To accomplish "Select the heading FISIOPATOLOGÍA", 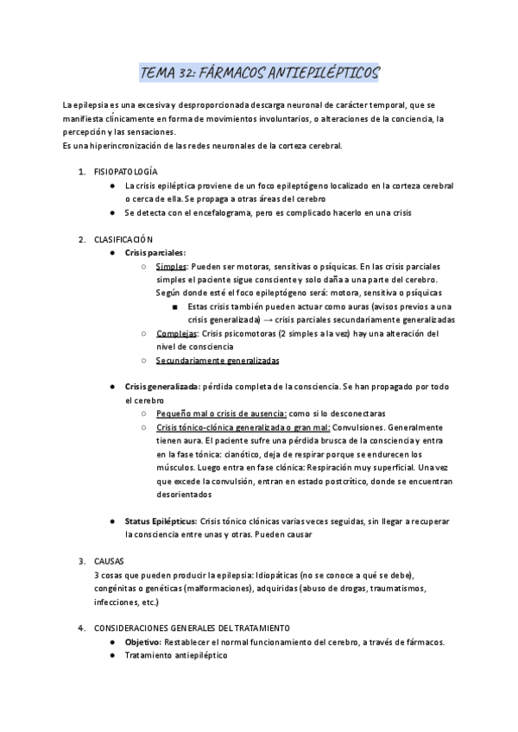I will pyautogui.click(x=126, y=173).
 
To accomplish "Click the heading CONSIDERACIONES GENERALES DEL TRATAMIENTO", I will pyautogui.click(x=193, y=628).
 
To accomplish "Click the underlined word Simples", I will pyautogui.click(x=171, y=267).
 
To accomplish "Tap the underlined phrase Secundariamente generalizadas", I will pyautogui.click(x=218, y=360).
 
